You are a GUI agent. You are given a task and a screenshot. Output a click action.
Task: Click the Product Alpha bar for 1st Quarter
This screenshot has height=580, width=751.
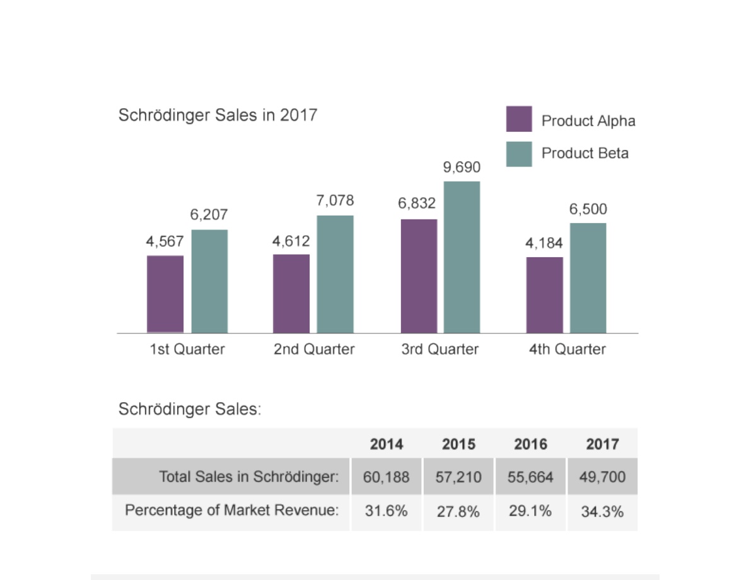click(x=165, y=294)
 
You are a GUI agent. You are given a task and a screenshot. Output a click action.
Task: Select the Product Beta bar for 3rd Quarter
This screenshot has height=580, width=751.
click(x=462, y=257)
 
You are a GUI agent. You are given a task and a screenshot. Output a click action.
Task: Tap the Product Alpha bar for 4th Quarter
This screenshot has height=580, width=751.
click(x=545, y=295)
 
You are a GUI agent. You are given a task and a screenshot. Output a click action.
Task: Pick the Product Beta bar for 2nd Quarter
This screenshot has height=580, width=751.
click(x=335, y=274)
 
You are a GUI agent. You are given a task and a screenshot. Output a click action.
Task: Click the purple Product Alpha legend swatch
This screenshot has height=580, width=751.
click(x=519, y=119)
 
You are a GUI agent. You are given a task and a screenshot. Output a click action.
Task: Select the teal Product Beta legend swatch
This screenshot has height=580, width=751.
click(x=519, y=154)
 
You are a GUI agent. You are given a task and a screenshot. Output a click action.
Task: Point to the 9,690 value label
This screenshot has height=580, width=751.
click(x=462, y=167)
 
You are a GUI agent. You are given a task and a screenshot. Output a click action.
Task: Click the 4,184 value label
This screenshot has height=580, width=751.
click(x=544, y=243)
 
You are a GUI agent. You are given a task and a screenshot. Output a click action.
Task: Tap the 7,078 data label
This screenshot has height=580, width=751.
click(x=335, y=200)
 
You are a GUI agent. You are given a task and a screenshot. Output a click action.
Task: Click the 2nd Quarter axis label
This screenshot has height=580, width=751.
click(x=314, y=349)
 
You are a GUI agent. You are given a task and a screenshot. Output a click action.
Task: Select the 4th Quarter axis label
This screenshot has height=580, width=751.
click(x=567, y=349)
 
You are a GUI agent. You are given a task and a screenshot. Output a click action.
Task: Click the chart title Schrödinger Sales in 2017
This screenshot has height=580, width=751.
click(x=218, y=115)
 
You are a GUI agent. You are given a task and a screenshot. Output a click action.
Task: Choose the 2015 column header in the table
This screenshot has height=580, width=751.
click(x=459, y=444)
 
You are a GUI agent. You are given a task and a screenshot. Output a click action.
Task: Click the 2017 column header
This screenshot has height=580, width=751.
click(x=603, y=444)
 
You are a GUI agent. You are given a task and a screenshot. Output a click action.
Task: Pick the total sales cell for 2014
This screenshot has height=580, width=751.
click(x=387, y=477)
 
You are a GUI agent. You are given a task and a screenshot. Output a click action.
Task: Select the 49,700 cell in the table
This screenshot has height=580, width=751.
click(x=603, y=477)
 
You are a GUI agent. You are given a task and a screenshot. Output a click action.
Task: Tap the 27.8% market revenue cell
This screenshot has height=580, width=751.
click(x=458, y=512)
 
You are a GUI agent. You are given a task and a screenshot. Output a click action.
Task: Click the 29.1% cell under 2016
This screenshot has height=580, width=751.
click(x=530, y=511)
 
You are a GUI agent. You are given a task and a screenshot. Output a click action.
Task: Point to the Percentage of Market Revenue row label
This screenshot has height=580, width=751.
click(x=232, y=511)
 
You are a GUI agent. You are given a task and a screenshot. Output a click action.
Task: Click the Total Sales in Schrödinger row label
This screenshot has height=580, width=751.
click(x=249, y=477)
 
